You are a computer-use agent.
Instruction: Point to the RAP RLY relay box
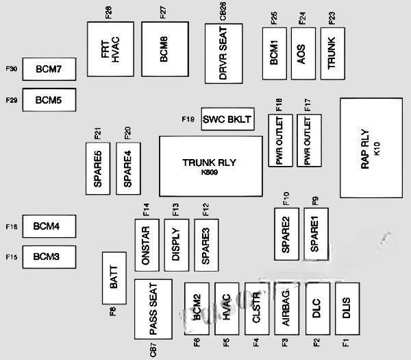[x=371, y=148]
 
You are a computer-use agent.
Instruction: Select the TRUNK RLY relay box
[x=211, y=166]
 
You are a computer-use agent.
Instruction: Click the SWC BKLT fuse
[x=227, y=119]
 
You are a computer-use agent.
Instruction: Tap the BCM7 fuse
[x=49, y=69]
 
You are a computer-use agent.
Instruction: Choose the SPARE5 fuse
[x=98, y=165]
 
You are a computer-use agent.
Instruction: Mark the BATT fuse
[x=114, y=278]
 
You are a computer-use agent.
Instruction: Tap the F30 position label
[x=11, y=69]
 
